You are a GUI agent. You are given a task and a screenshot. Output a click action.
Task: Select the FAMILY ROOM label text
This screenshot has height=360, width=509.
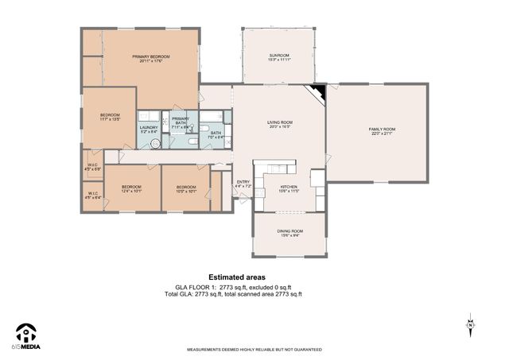[381, 130]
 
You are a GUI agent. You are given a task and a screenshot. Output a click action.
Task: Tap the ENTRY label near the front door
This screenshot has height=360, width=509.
[243, 183]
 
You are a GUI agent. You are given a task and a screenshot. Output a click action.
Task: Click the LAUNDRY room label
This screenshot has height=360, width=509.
[149, 129]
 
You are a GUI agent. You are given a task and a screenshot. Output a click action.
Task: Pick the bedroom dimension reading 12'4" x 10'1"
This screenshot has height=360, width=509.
[131, 191]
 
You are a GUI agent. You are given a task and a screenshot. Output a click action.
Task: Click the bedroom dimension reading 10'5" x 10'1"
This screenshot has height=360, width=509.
[186, 191]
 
